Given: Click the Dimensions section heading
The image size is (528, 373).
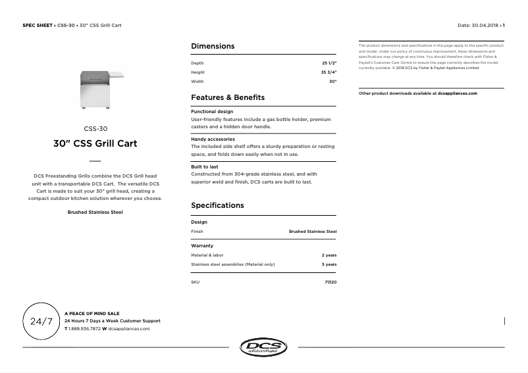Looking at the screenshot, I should (213, 46).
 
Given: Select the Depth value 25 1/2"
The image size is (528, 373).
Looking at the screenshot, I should (329, 63).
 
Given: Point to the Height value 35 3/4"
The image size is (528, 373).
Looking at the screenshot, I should (329, 72).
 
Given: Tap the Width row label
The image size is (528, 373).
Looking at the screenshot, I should (197, 82).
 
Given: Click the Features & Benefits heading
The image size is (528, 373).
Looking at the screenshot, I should (228, 97).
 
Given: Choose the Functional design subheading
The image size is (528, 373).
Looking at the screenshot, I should (212, 112).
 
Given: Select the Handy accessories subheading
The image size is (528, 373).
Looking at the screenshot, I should (213, 139).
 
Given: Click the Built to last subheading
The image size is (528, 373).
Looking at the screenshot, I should (205, 167).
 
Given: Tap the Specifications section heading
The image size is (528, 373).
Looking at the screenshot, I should (217, 205).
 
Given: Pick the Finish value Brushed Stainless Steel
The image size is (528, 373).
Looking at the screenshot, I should (313, 232).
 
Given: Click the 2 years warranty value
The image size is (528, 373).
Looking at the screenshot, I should (329, 255).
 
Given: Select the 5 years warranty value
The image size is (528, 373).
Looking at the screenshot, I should (329, 264).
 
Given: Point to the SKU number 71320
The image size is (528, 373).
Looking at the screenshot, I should (330, 282).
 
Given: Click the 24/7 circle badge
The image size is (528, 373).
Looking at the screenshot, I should (41, 322).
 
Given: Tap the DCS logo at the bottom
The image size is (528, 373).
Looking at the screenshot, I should (263, 347).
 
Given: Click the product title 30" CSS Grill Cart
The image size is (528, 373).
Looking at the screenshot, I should (95, 143).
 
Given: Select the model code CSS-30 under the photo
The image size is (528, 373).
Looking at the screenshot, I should (95, 129).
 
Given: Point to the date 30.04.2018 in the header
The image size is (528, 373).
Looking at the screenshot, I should (486, 25).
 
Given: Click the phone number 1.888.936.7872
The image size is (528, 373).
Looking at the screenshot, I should (84, 328).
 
